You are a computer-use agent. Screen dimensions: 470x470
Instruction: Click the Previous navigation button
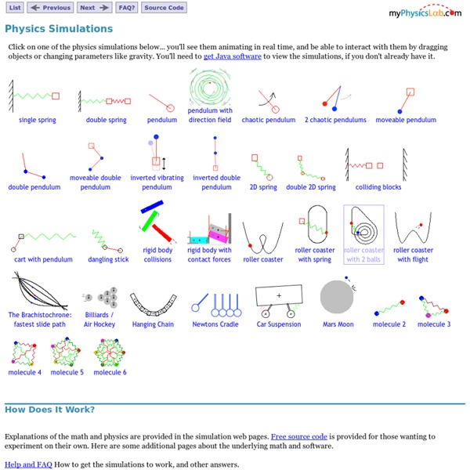50,8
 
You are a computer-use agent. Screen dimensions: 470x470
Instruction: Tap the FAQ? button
126,8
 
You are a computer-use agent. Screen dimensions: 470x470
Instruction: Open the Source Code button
164,8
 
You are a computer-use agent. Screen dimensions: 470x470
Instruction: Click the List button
15,8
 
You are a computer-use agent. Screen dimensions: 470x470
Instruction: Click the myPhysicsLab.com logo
425,12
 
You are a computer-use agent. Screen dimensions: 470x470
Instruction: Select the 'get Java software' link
233,56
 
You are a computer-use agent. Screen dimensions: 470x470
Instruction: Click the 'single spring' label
38,120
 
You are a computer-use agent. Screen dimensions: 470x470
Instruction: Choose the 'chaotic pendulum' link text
269,120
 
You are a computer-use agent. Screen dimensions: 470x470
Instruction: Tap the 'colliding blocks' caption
378,187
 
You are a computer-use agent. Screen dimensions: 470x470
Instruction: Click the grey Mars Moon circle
338,298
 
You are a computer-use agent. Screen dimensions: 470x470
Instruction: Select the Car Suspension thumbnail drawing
279,301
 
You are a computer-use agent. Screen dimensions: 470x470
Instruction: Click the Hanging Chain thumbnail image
154,302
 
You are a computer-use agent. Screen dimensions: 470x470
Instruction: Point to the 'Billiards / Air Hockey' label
99,320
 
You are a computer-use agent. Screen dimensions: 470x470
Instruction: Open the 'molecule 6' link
110,372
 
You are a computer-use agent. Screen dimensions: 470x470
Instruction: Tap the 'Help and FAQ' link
28,465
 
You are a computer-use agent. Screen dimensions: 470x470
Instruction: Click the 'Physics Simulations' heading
59,29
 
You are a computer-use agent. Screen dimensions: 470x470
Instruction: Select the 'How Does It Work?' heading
49,409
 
